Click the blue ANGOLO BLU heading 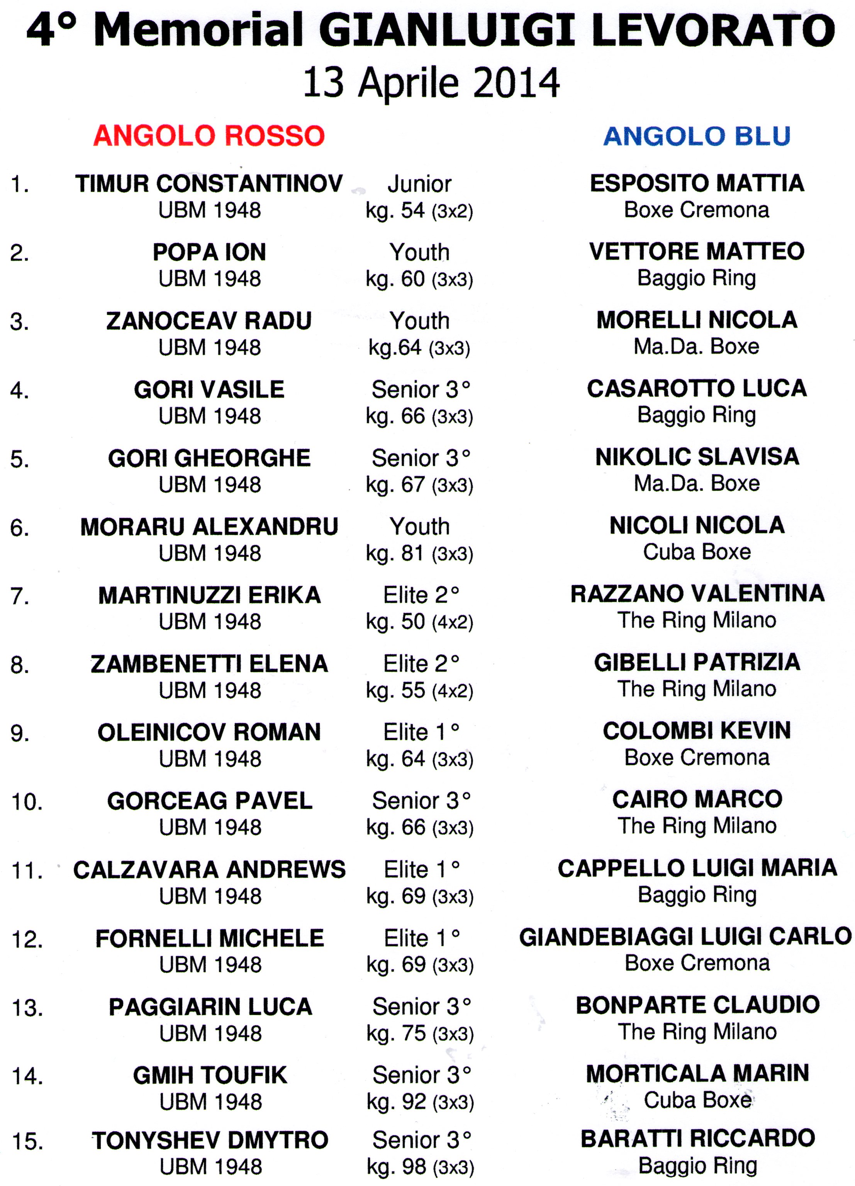[697, 136]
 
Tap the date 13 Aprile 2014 [431, 83]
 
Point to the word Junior [419, 184]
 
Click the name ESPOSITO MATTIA [697, 183]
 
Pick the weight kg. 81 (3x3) [419, 553]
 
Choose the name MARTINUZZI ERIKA [209, 595]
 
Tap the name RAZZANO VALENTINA [697, 593]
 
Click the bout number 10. [27, 801]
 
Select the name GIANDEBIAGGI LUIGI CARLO [685, 937]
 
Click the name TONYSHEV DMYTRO [210, 1140]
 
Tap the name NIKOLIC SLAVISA [697, 456]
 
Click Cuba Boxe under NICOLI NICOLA [697, 552]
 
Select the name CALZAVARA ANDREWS [209, 870]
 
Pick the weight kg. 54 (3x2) [419, 210]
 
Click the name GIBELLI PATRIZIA [697, 662]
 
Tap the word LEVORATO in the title [713, 30]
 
